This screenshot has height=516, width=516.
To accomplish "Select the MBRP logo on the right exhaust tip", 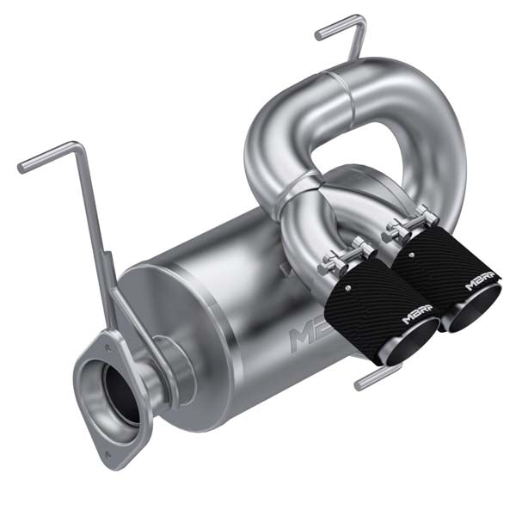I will tap(482, 280).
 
